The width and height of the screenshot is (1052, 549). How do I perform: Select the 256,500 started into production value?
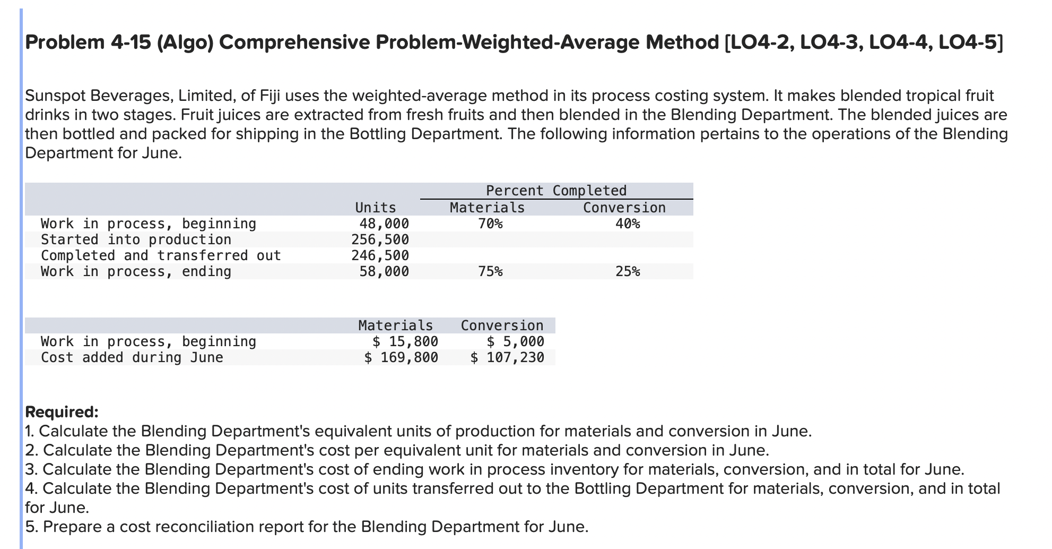pyautogui.click(x=380, y=239)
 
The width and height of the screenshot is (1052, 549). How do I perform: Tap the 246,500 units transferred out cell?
pyautogui.click(x=380, y=255)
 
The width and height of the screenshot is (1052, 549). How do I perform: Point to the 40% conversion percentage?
pyautogui.click(x=628, y=224)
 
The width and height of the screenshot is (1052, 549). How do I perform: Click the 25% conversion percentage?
pyautogui.click(x=628, y=271)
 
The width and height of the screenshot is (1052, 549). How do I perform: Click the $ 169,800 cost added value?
pyautogui.click(x=401, y=357)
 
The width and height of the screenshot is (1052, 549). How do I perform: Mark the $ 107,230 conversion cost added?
pyautogui.click(x=507, y=357)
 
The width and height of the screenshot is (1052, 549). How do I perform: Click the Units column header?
pyautogui.click(x=375, y=208)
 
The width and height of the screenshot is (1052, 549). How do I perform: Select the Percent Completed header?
pyautogui.click(x=556, y=191)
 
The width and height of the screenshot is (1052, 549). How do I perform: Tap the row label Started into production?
pyautogui.click(x=136, y=239)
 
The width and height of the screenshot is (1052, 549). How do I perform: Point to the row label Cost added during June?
pyautogui.click(x=132, y=357)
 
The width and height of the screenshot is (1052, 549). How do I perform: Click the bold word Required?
pyautogui.click(x=62, y=412)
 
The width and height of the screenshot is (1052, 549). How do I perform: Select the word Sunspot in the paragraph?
pyautogui.click(x=56, y=96)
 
